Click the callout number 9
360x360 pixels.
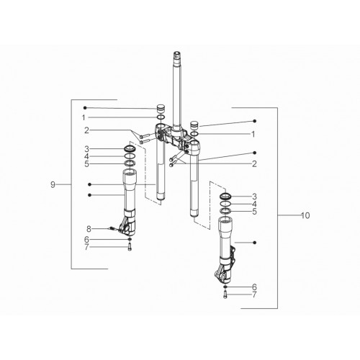[x=53, y=185]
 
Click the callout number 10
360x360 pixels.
[x=305, y=215]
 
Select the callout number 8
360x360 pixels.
[x=89, y=229]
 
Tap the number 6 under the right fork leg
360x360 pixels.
[x=254, y=287]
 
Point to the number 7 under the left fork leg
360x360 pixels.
[x=86, y=247]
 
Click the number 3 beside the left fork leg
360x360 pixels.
[x=86, y=149]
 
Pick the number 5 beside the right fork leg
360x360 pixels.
[x=254, y=212]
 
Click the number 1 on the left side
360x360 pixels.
[x=84, y=117]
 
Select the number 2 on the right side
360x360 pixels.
[x=254, y=164]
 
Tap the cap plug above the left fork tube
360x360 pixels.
[x=161, y=109]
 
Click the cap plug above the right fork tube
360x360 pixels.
[x=194, y=126]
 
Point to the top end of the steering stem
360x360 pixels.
[x=177, y=53]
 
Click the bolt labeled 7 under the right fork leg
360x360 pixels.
[x=225, y=294]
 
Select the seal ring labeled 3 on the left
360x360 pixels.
[x=130, y=148]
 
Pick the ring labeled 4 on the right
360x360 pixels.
[x=225, y=204]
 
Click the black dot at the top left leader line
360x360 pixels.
[x=85, y=108]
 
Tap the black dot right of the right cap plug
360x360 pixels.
[x=255, y=121]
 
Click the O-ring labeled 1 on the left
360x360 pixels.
[x=161, y=117]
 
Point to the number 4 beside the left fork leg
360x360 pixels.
[x=86, y=156]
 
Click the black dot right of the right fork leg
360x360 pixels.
[x=255, y=243]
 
